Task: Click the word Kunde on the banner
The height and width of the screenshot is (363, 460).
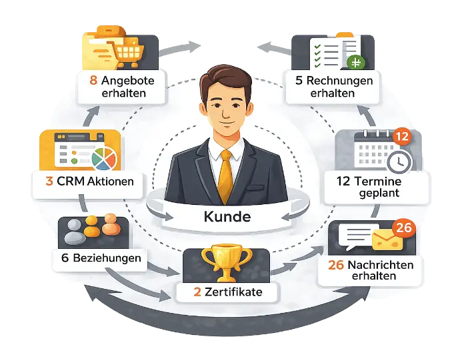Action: click(227, 217)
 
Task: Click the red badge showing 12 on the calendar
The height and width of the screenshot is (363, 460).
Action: click(402, 137)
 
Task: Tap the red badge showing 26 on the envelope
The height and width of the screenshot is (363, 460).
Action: click(404, 228)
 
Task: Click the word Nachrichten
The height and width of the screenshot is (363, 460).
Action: click(380, 265)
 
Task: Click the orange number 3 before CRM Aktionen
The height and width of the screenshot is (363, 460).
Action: click(51, 181)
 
